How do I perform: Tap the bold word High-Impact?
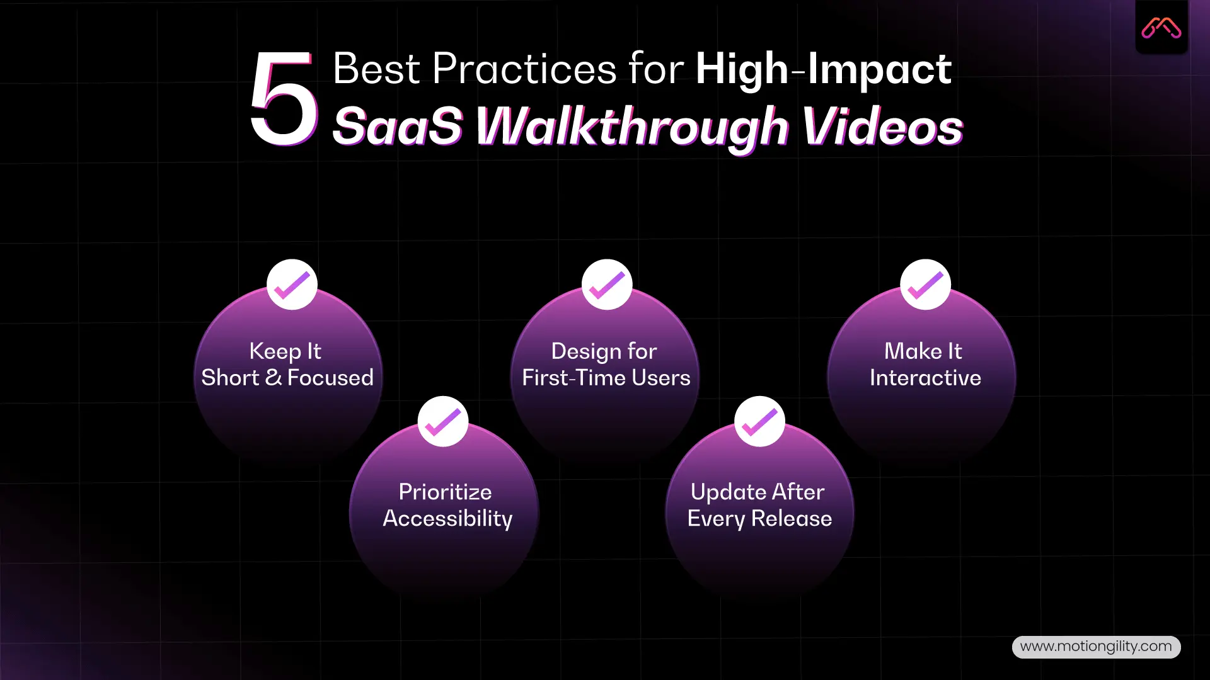823,69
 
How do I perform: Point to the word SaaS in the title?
397,126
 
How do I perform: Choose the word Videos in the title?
882,126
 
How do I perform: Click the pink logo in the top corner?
1161,28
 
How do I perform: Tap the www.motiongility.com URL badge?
1096,647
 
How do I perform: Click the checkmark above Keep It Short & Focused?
292,285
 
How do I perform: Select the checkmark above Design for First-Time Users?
607,285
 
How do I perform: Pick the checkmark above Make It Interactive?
925,285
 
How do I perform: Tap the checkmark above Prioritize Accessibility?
443,421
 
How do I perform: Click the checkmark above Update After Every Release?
759,421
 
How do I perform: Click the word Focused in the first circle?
330,378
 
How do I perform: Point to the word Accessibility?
447,518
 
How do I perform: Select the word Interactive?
925,378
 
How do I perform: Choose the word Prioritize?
445,492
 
